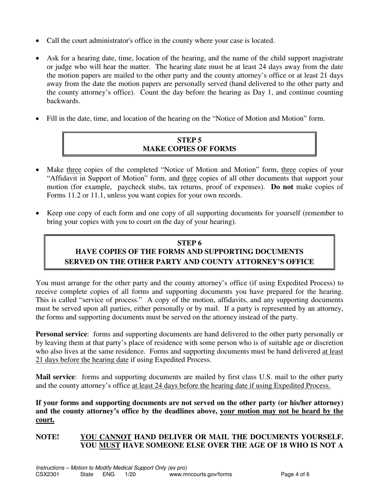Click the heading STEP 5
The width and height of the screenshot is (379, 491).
(x=189, y=140)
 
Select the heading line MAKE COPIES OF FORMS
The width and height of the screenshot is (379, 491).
(x=189, y=149)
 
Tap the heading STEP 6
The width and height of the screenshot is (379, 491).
(x=189, y=243)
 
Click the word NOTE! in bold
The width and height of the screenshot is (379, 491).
(x=47, y=437)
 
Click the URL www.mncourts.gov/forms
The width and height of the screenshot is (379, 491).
(x=200, y=475)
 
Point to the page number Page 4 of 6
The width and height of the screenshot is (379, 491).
(x=295, y=475)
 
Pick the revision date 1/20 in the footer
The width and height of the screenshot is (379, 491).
(x=130, y=475)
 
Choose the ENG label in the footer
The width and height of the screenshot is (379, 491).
(x=109, y=475)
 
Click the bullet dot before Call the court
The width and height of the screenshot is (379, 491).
(x=38, y=41)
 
